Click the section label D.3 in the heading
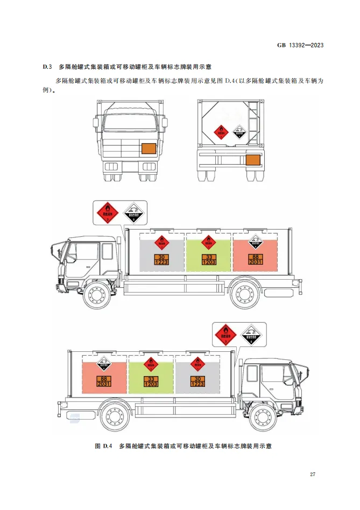[x=46, y=67]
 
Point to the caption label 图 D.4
[x=102, y=446]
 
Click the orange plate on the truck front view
[x=147, y=148]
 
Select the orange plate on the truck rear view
[x=252, y=159]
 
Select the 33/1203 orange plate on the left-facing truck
[x=209, y=259]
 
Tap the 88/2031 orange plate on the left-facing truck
[x=256, y=259]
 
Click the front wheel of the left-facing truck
[x=98, y=294]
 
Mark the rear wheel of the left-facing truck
[x=245, y=294]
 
